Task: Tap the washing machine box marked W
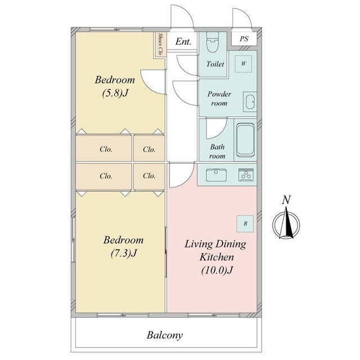pyautogui.click(x=244, y=64)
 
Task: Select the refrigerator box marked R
pyautogui.click(x=245, y=224)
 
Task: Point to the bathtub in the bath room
pyautogui.click(x=245, y=139)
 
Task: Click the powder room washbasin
pyautogui.click(x=250, y=102)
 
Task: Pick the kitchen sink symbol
pyautogui.click(x=216, y=175)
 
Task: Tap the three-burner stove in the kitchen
pyautogui.click(x=246, y=175)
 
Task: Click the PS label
pyautogui.click(x=244, y=39)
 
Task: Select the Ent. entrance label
pyautogui.click(x=183, y=42)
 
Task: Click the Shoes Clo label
pyautogui.click(x=160, y=44)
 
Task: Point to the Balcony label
pyautogui.click(x=165, y=335)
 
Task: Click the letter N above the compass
pyautogui.click(x=286, y=200)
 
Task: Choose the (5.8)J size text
pyautogui.click(x=115, y=93)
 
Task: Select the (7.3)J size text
pyautogui.click(x=124, y=253)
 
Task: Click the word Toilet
pyautogui.click(x=215, y=64)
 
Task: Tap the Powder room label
pyautogui.click(x=219, y=99)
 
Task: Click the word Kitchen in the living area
pyautogui.click(x=217, y=257)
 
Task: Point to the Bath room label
pyautogui.click(x=217, y=151)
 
